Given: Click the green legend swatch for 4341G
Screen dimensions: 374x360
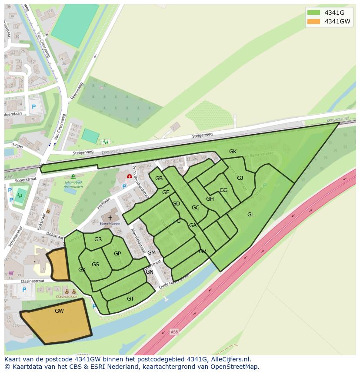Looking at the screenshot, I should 313,12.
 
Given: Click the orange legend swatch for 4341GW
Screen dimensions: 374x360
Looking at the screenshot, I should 313,21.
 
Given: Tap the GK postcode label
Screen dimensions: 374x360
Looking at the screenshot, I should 233,152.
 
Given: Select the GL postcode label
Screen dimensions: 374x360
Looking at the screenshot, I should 251,214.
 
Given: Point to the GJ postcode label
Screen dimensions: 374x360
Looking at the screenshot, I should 240,178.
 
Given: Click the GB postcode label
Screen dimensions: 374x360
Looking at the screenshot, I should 159,179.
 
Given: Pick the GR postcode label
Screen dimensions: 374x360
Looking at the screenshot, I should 98,239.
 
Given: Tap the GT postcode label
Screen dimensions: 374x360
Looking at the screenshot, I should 130,298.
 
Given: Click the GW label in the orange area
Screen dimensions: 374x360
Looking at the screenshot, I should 59,311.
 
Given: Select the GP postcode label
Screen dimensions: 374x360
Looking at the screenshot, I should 117,254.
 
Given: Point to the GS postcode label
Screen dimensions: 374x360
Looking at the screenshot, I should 95,265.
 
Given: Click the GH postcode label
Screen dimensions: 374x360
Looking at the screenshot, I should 210,199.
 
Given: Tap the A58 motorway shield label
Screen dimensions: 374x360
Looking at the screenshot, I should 174,332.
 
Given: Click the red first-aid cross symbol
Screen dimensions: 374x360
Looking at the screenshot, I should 130,176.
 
